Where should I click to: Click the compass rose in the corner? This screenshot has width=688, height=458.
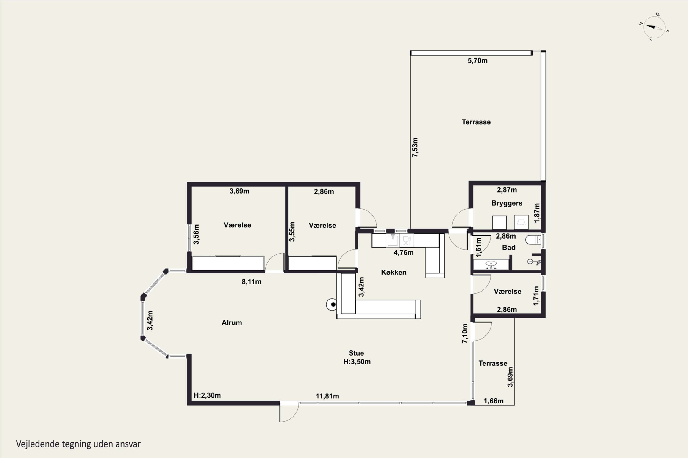[654, 27]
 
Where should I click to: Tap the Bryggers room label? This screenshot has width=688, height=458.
[507, 203]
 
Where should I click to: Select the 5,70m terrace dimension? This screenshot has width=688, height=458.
[477, 61]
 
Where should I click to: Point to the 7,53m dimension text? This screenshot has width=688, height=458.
[415, 147]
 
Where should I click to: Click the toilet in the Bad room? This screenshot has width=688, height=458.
[533, 240]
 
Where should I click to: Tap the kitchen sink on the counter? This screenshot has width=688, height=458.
[393, 240]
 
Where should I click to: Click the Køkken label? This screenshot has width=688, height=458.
[394, 272]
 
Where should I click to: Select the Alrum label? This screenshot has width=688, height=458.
[232, 323]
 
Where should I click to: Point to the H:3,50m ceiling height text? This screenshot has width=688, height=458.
[357, 362]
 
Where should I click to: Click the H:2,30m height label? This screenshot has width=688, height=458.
[207, 395]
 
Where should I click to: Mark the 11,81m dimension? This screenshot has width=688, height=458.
[327, 396]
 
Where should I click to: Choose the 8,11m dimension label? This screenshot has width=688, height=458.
[251, 282]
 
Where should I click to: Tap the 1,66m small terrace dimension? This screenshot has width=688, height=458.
[494, 401]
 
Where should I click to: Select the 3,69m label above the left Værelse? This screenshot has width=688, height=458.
[239, 191]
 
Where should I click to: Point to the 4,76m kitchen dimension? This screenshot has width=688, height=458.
[403, 253]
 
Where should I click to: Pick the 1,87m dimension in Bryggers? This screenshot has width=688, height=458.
[537, 213]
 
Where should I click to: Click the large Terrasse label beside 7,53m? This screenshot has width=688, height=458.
[476, 122]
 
